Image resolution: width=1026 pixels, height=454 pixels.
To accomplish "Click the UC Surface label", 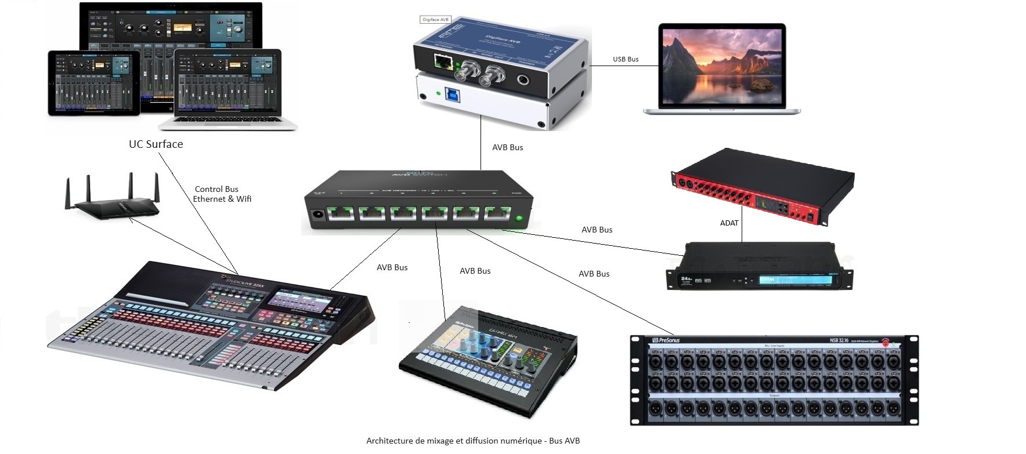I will click(156, 144).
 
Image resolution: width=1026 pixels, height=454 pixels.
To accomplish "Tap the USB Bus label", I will click(626, 59).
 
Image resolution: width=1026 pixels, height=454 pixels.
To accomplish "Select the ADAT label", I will click(729, 223).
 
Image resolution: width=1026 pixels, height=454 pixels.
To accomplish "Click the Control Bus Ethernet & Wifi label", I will click(221, 194).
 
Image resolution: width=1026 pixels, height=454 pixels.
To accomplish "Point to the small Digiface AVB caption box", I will click(435, 19).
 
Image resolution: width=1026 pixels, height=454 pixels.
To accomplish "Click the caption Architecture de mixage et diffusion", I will click(473, 441).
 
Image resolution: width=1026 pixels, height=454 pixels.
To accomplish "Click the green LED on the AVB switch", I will click(518, 220).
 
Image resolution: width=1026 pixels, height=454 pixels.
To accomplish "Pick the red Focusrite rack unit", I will click(763, 189).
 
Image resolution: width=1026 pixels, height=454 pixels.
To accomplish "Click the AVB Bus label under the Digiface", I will click(507, 148).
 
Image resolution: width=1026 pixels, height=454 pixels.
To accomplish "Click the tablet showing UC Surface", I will click(93, 83).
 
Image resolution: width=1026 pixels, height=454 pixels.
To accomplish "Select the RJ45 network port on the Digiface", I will click(444, 61).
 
